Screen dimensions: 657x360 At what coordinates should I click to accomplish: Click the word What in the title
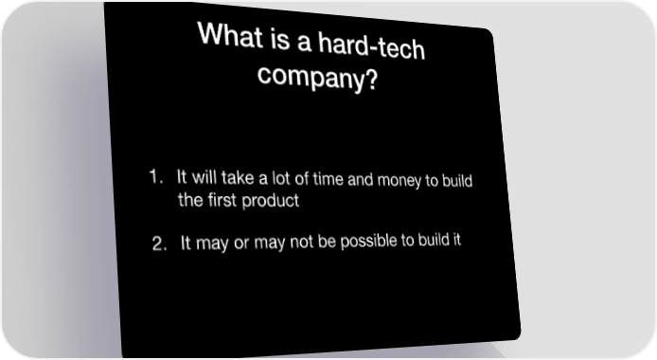230,35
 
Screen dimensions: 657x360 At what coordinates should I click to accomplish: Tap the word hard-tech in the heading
371,46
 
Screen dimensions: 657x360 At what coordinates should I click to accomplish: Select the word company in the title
310,77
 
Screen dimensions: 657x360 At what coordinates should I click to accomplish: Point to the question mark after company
370,80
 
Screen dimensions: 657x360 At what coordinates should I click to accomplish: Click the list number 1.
156,176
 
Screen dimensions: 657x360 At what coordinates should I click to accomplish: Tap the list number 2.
159,243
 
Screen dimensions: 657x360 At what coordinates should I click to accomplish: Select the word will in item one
204,177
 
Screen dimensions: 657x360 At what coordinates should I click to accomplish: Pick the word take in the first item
238,178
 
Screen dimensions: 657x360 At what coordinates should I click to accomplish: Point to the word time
328,179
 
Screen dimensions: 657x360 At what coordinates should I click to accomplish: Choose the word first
222,200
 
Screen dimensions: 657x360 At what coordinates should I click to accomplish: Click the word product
271,201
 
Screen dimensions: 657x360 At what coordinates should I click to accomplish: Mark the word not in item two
301,243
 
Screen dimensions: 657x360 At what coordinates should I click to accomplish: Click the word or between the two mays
241,243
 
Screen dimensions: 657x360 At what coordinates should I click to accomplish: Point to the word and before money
361,180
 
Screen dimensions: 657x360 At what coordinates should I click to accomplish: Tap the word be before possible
327,242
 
